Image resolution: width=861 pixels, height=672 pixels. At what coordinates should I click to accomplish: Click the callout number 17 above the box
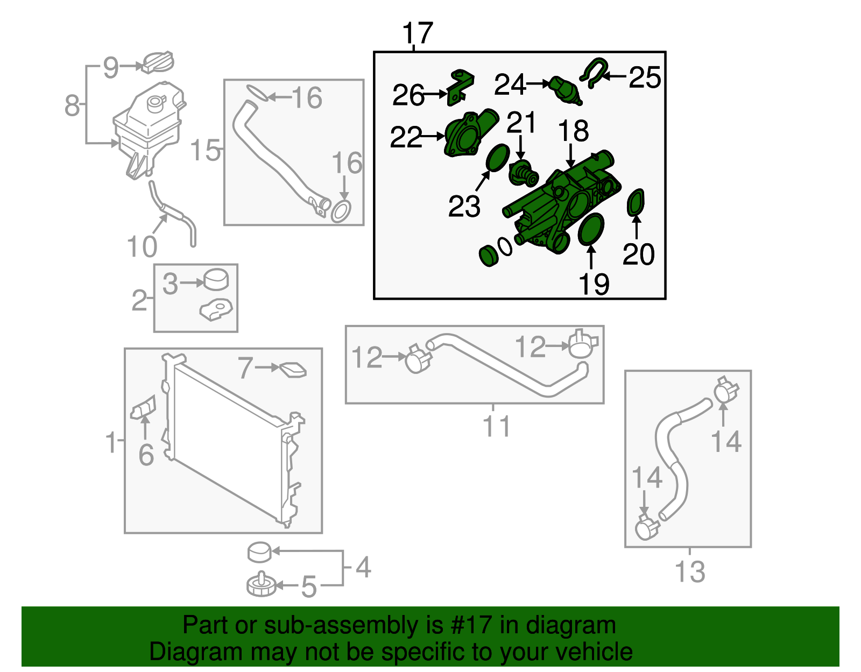pyautogui.click(x=417, y=33)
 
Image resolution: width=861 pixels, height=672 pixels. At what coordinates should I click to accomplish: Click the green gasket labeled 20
pyautogui.click(x=636, y=202)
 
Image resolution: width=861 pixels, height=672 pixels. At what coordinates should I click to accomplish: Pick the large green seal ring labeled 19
pyautogui.click(x=591, y=229)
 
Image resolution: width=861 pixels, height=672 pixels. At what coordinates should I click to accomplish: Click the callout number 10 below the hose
pyautogui.click(x=142, y=247)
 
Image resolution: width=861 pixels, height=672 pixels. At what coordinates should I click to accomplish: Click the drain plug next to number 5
pyautogui.click(x=261, y=585)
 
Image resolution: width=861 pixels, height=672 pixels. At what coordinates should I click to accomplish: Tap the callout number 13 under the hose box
pyautogui.click(x=690, y=571)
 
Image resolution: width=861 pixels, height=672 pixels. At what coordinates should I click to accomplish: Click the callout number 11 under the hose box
pyautogui.click(x=496, y=426)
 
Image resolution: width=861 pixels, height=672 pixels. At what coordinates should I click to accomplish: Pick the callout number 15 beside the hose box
pyautogui.click(x=206, y=150)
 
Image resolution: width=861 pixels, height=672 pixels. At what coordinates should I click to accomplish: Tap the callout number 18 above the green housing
pyautogui.click(x=573, y=131)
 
